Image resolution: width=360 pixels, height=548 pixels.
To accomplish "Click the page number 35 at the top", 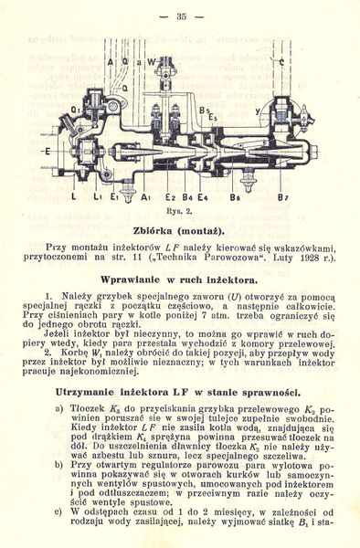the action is point(180,16).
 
